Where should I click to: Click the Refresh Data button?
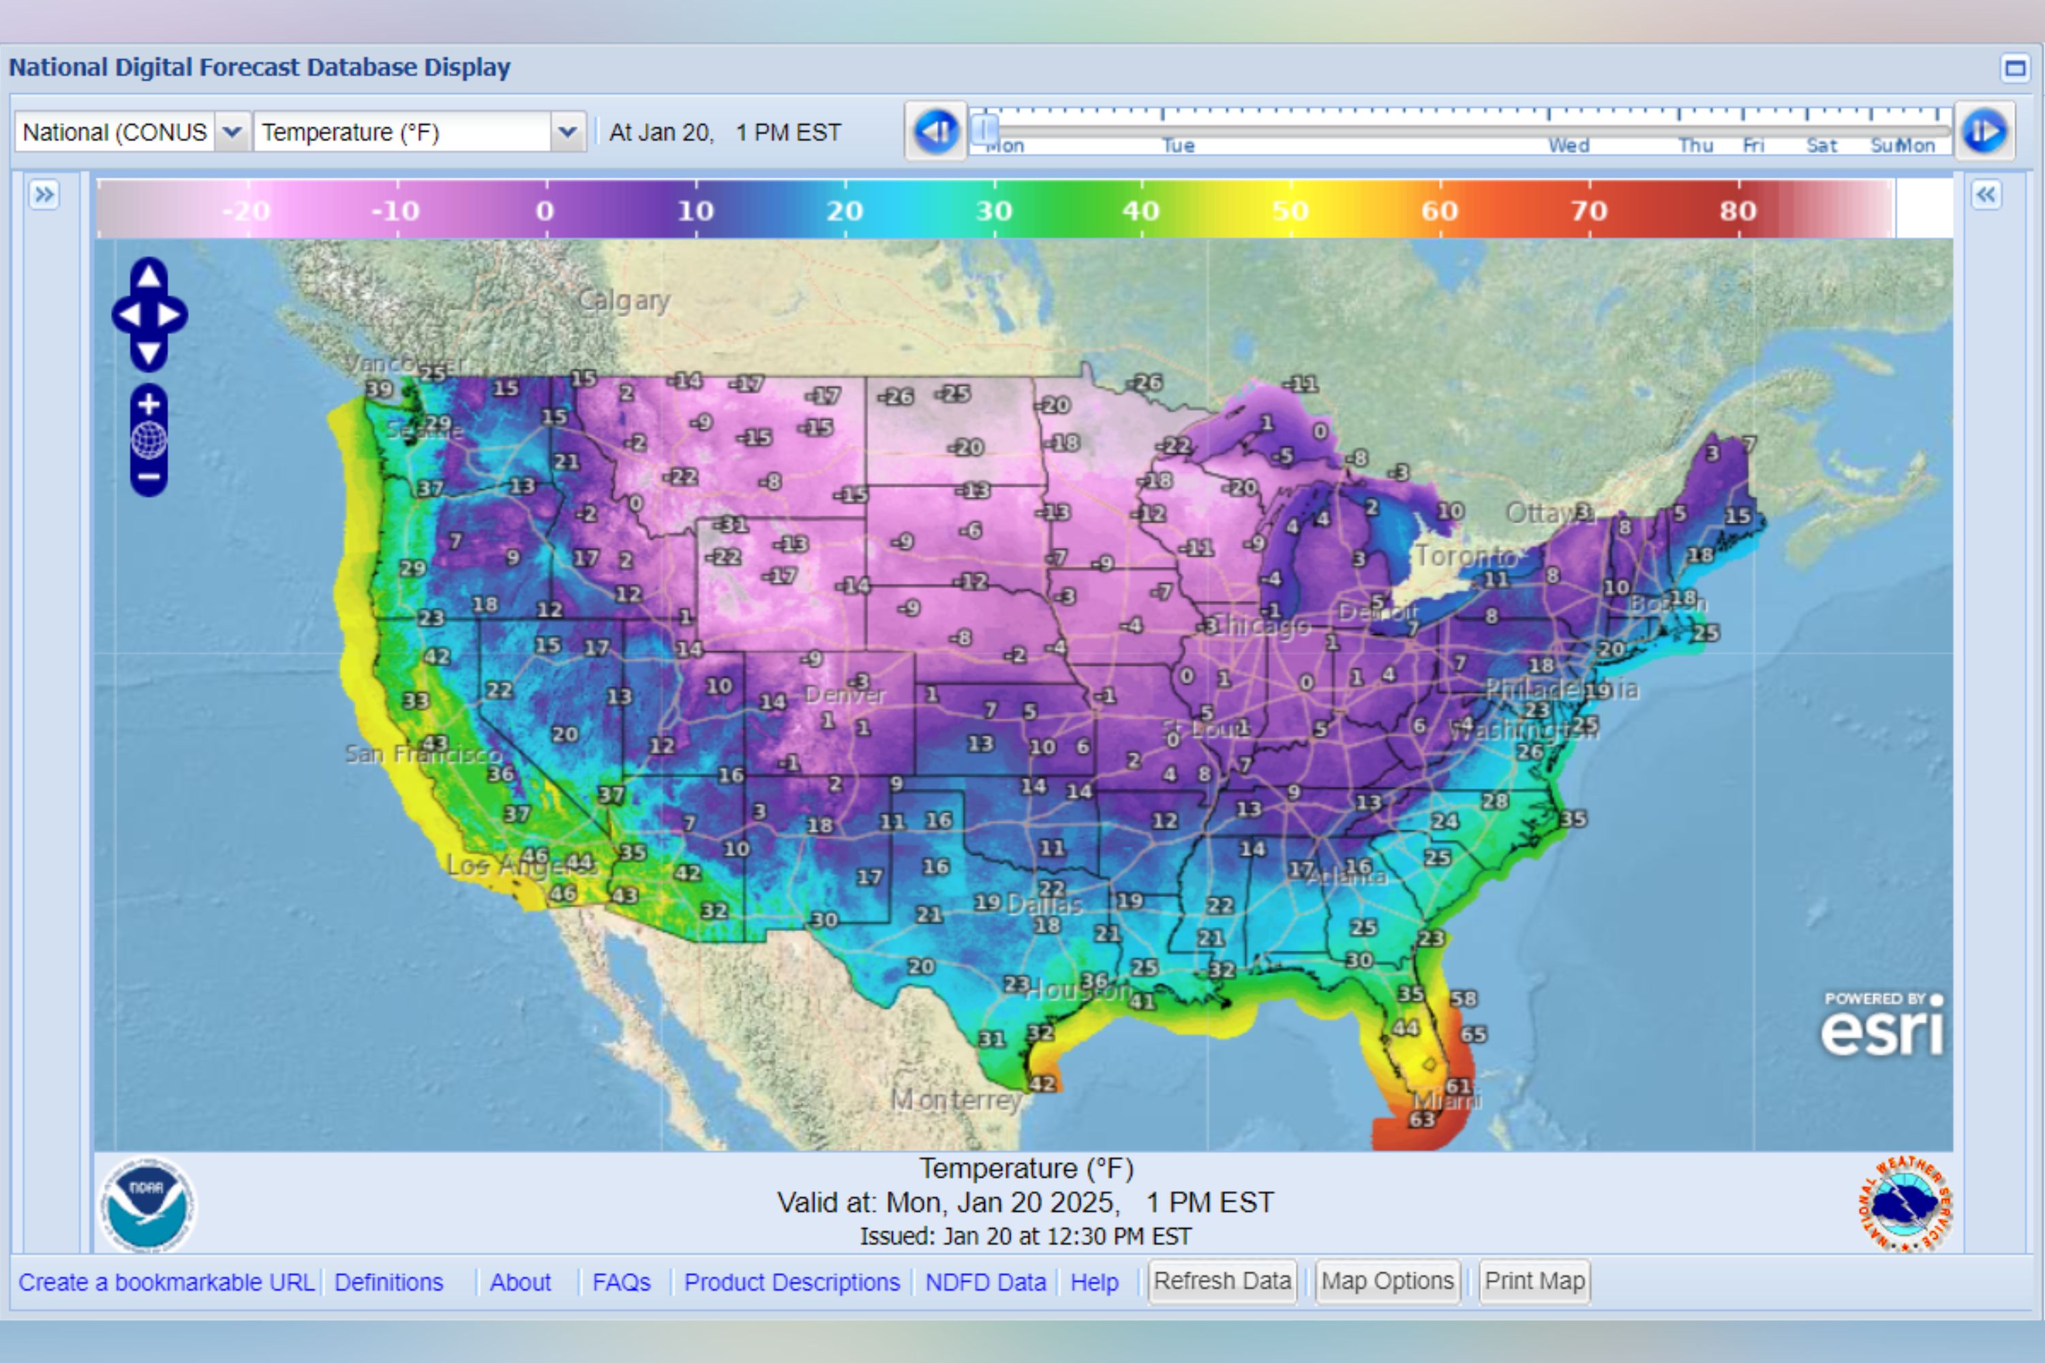(1222, 1281)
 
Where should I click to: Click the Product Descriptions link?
(791, 1282)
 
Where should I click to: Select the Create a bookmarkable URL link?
(166, 1282)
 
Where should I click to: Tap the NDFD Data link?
(985, 1282)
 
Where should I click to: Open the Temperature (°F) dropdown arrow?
(567, 132)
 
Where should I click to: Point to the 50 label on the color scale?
(1290, 211)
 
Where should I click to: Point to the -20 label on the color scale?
(246, 211)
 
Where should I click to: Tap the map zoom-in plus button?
(149, 404)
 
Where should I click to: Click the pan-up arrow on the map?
(149, 277)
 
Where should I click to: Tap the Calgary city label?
(624, 301)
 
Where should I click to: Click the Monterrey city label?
(956, 1101)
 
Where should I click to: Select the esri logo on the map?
(1881, 1028)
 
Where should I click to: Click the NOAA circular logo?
(147, 1205)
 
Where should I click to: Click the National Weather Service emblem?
(1905, 1205)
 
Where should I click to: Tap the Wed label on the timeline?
(1569, 145)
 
